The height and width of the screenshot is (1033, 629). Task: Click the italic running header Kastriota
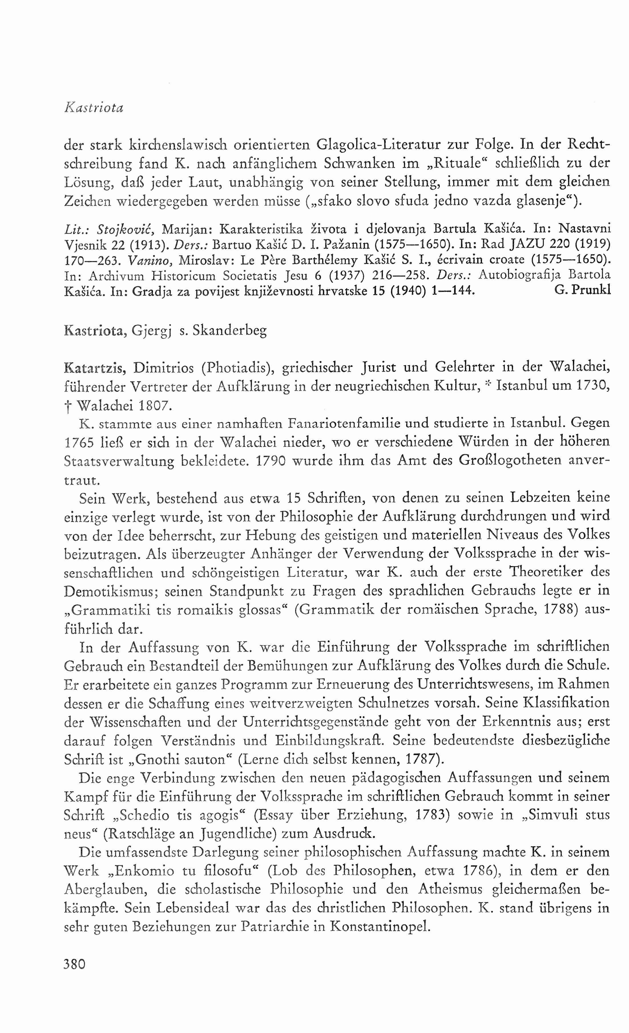pos(94,108)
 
